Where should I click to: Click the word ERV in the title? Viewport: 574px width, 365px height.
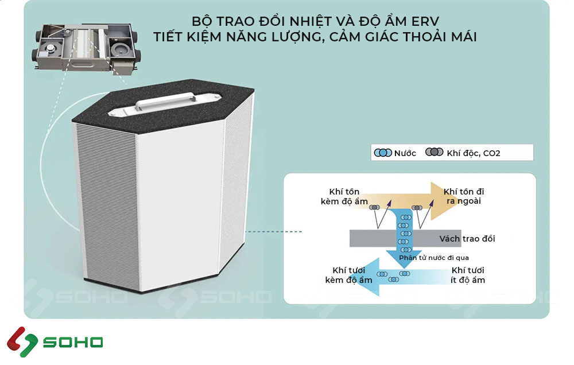point(425,22)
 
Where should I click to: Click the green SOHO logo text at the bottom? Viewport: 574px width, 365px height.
point(73,342)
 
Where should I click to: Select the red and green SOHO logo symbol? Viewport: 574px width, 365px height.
point(22,342)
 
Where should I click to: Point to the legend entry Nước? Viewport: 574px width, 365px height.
point(395,153)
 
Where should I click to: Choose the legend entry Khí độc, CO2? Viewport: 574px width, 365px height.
point(463,153)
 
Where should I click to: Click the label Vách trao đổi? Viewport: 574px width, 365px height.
point(467,239)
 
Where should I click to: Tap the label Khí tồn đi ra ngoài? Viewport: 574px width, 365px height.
point(464,196)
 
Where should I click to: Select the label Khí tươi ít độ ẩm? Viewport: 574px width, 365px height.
point(468,275)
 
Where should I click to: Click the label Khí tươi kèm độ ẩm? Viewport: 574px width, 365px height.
point(348,275)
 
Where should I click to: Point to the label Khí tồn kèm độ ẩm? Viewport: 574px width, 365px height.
point(344,197)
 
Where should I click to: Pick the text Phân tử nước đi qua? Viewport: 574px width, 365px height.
point(434,258)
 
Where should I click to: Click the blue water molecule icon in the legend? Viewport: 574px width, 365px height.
point(383,153)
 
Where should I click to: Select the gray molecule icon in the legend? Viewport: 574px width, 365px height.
point(434,152)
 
